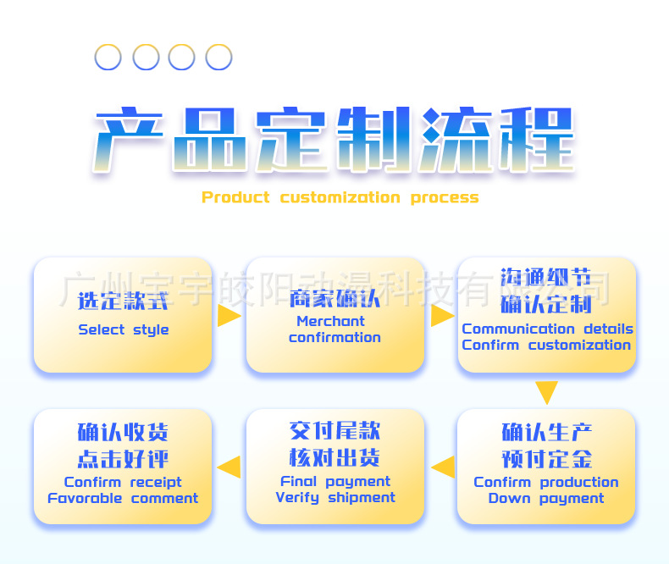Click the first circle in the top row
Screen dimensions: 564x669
(x=108, y=58)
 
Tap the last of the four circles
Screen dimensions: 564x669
(x=218, y=58)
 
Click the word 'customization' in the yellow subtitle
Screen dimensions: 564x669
(x=340, y=197)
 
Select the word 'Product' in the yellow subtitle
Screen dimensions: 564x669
(x=235, y=197)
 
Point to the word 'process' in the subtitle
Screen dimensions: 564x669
(x=445, y=197)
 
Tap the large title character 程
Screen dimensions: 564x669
(x=534, y=140)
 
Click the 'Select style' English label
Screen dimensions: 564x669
(x=124, y=329)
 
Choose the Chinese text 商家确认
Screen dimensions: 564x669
(x=334, y=299)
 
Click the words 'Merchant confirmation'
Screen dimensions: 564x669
(x=334, y=329)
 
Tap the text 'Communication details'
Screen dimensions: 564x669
(x=547, y=329)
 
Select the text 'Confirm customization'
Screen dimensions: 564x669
(x=547, y=345)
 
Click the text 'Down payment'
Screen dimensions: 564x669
(x=546, y=498)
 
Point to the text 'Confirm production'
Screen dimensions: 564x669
(x=546, y=482)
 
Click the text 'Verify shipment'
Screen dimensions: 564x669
(x=335, y=497)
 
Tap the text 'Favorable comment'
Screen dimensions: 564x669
(x=123, y=498)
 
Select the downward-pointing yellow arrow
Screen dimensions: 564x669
(x=546, y=392)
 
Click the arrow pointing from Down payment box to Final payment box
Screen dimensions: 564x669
(x=442, y=467)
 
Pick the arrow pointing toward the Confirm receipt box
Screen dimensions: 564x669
(x=229, y=467)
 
